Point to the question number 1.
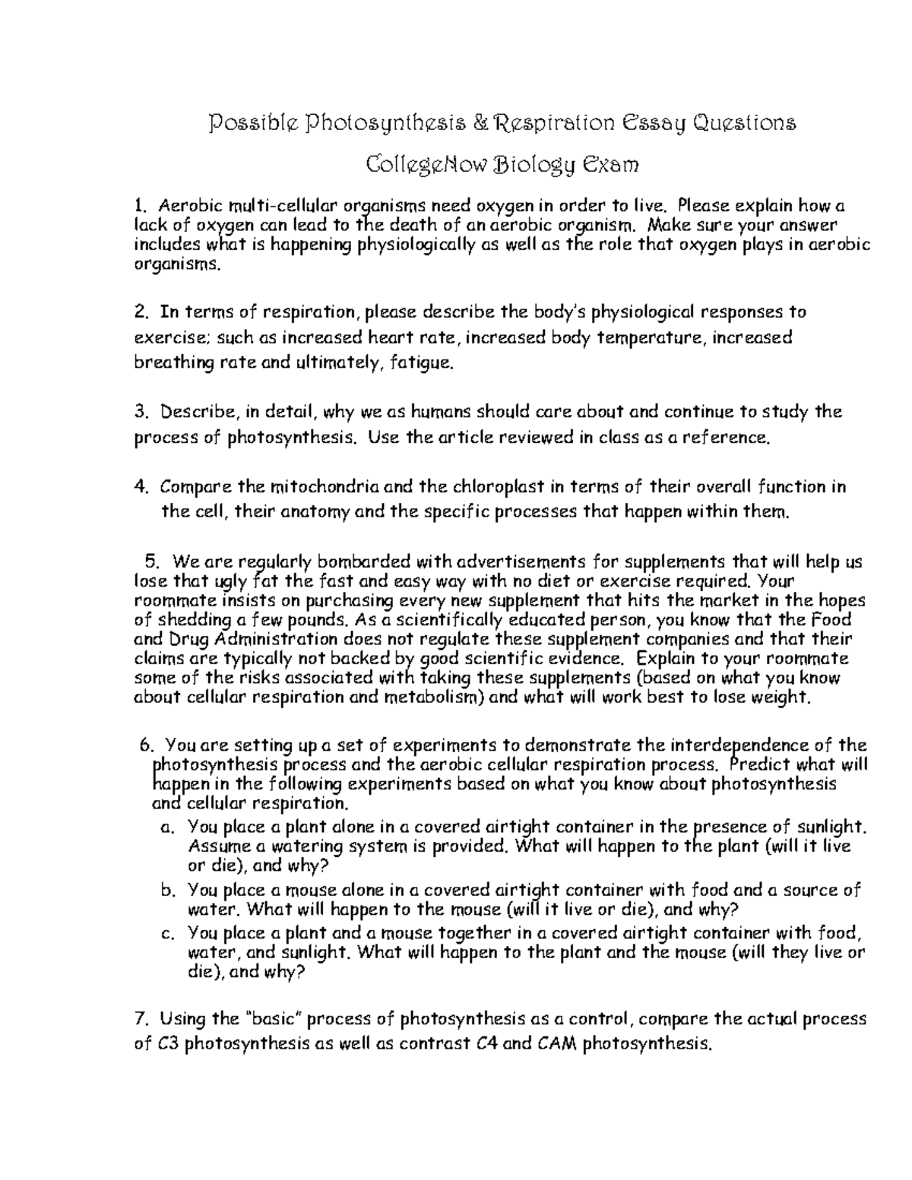coord(138,205)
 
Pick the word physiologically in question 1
coord(407,245)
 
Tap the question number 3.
coord(139,412)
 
